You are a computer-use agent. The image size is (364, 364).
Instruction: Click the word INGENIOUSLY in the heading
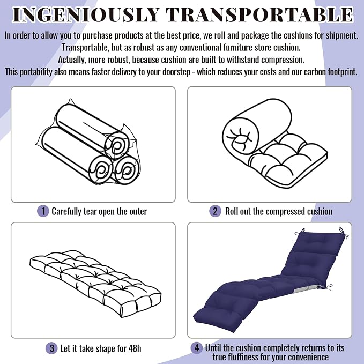(86, 15)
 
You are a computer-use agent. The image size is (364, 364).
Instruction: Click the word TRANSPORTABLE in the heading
(259, 15)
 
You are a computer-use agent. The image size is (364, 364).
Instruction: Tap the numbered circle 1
(43, 211)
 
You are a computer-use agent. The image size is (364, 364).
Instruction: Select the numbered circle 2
(215, 211)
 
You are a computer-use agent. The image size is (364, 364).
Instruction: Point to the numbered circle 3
(51, 348)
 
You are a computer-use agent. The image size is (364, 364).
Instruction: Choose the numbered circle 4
(197, 348)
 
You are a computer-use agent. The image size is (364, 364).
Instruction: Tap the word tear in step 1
(90, 211)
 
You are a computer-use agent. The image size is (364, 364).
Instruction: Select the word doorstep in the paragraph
(176, 72)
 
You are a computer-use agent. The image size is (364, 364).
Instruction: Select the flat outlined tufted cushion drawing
(95, 284)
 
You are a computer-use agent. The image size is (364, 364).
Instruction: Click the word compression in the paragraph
(283, 60)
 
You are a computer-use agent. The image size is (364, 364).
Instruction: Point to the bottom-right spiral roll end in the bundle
(127, 170)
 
